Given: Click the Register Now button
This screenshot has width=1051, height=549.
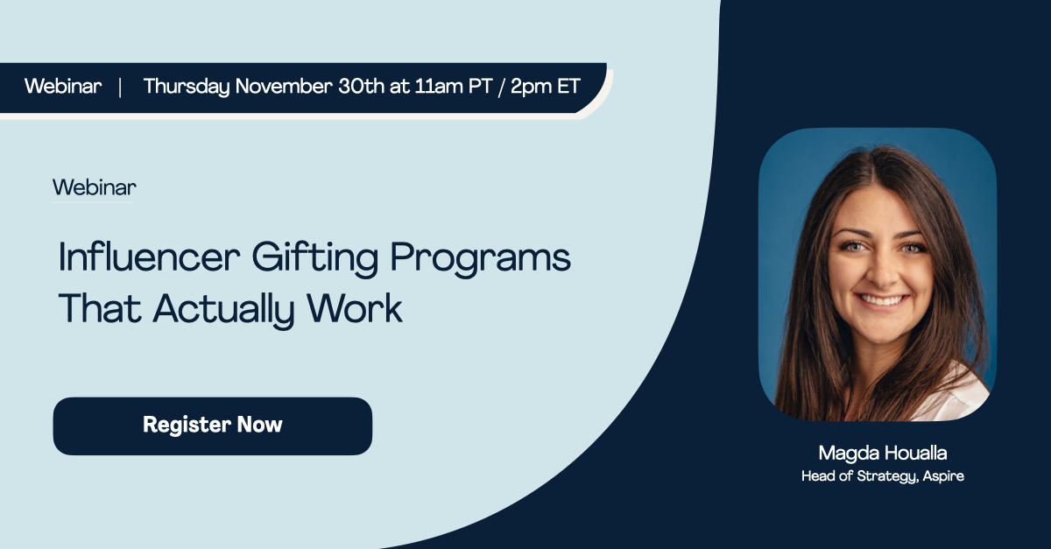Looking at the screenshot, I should pyautogui.click(x=213, y=426).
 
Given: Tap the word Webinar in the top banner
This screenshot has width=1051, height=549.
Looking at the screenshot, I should pyautogui.click(x=63, y=87).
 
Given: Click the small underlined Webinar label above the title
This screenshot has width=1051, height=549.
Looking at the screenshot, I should pyautogui.click(x=94, y=187).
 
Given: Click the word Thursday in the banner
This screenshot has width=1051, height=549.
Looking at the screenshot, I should pyautogui.click(x=187, y=87).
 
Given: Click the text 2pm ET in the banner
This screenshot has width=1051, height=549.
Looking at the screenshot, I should pyautogui.click(x=542, y=87).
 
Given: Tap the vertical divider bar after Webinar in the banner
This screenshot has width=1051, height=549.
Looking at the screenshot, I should pyautogui.click(x=120, y=87).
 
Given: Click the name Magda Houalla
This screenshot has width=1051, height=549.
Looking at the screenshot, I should pyautogui.click(x=882, y=453).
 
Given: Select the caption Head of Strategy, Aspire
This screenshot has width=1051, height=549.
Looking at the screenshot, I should pyautogui.click(x=882, y=476).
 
